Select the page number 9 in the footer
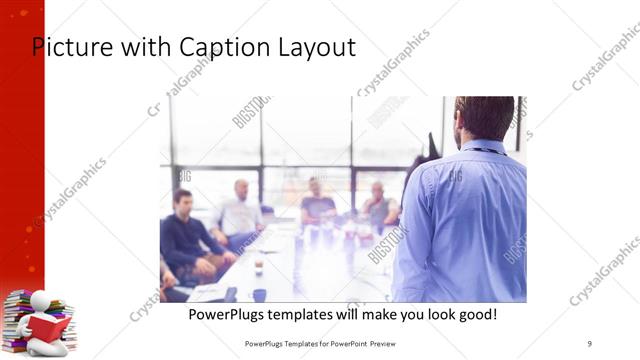click(x=589, y=345)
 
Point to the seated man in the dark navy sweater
click(x=184, y=235)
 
